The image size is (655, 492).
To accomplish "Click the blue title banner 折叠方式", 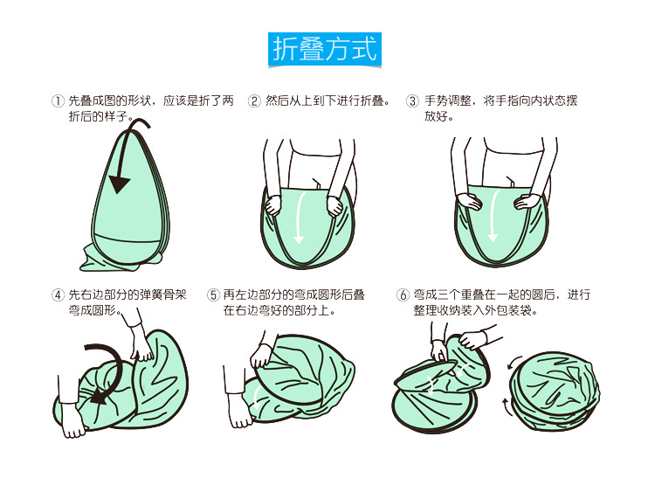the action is [325, 49].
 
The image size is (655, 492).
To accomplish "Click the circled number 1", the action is [58, 100].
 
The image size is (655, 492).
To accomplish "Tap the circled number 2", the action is [254, 100].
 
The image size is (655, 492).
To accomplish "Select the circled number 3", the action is [412, 100].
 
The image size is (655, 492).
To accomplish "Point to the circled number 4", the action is [58, 295].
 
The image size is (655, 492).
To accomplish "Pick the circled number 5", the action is [213, 295].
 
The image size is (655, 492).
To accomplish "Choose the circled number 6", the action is [403, 295].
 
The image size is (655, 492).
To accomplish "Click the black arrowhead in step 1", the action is [119, 184].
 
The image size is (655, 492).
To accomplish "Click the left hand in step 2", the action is [273, 205].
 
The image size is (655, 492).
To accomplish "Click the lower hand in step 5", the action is [240, 410].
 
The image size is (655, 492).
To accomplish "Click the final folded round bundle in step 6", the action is [554, 391].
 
